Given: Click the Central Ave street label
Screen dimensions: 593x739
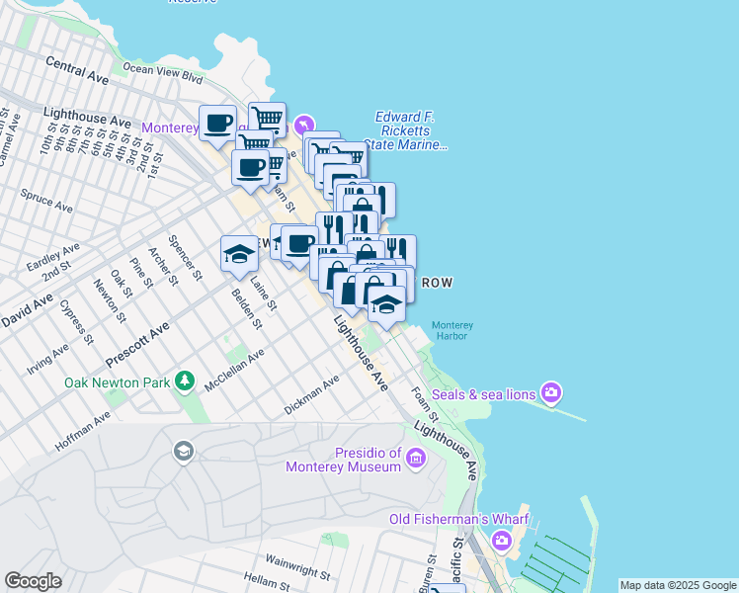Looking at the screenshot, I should click(x=76, y=68).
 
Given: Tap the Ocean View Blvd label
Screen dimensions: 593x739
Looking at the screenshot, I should click(x=162, y=70).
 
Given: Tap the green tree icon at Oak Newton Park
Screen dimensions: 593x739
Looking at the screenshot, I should click(x=184, y=381).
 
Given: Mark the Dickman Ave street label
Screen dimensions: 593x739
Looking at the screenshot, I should click(x=311, y=393).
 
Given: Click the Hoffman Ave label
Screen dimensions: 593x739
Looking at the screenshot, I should click(x=83, y=432).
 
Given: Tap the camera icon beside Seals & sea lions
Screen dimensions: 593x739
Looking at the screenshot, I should click(x=551, y=393).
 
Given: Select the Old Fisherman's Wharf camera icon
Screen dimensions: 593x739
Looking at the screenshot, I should click(x=502, y=540).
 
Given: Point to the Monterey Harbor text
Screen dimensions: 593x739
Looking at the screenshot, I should click(x=453, y=330).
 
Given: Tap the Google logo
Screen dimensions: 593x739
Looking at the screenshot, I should click(x=33, y=581).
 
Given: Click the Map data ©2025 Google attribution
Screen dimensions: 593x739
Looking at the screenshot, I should click(x=678, y=585).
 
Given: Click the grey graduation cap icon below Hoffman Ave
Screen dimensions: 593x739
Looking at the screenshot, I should click(x=183, y=452).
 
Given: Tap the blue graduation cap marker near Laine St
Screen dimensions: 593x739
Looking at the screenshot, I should click(x=238, y=254).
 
